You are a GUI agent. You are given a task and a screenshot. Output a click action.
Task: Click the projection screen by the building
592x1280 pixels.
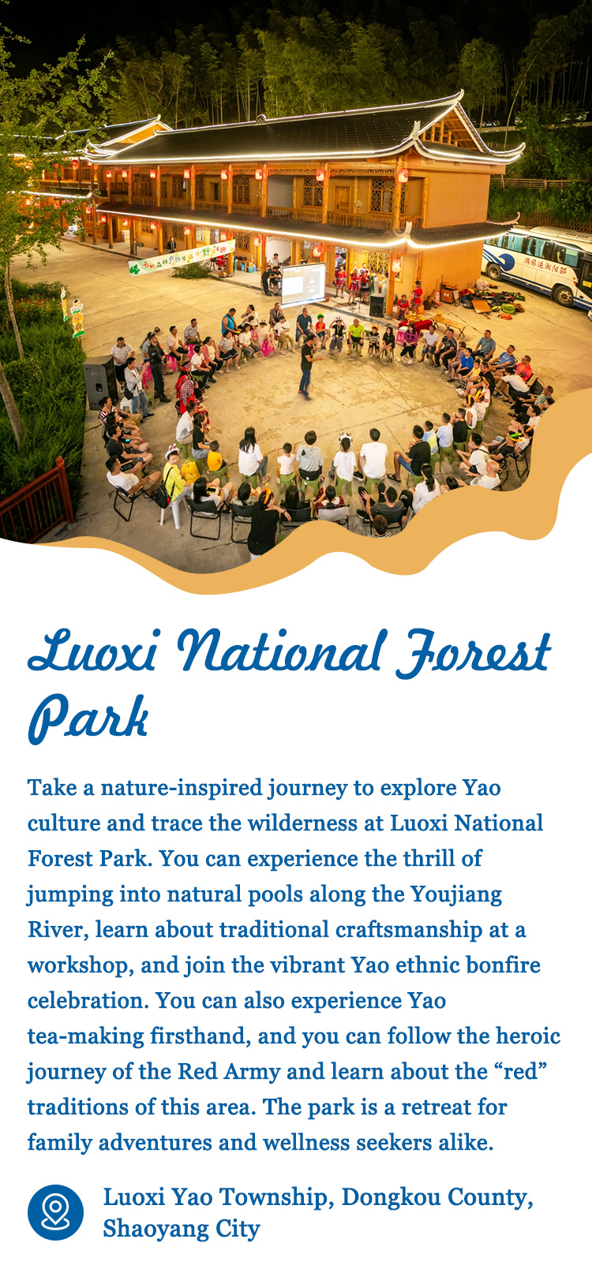pyautogui.click(x=303, y=283)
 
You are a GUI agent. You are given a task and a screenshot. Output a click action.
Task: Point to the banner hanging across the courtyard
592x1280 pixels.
pyautogui.click(x=182, y=257)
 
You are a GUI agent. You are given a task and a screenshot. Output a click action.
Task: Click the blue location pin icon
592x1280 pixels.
pyautogui.click(x=55, y=1212)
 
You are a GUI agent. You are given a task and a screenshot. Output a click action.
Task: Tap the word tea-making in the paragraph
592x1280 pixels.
pyautogui.click(x=86, y=1036)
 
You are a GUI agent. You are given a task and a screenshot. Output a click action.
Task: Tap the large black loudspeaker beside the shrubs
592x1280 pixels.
pyautogui.click(x=101, y=382)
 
